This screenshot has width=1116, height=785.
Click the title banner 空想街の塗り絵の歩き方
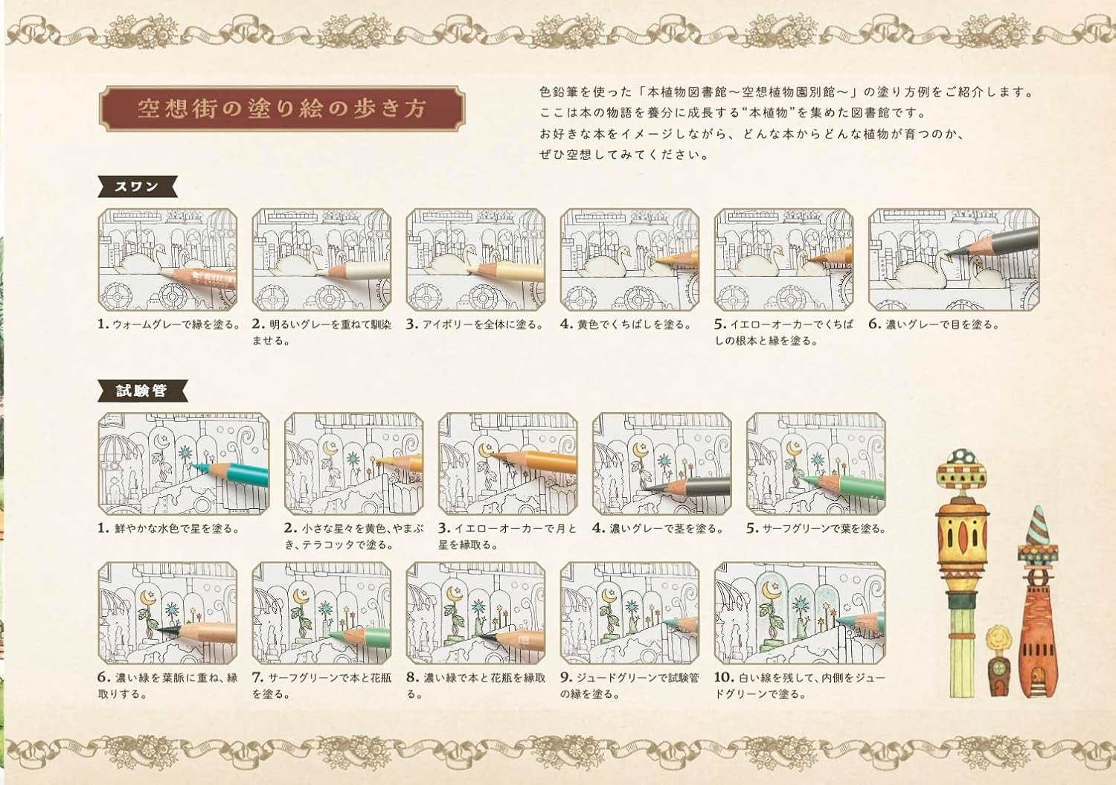(x=282, y=109)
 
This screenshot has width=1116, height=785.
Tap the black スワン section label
(x=137, y=187)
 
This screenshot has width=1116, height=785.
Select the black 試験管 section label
(x=141, y=391)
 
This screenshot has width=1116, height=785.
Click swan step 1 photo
(x=167, y=260)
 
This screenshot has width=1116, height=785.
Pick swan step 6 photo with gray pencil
(x=953, y=260)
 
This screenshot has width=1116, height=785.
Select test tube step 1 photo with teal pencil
(x=184, y=464)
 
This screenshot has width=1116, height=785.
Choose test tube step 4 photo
(x=661, y=464)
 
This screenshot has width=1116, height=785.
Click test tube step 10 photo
(x=799, y=613)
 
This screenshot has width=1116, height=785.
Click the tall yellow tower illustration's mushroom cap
(x=962, y=457)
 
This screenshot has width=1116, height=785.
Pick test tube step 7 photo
(x=321, y=613)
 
